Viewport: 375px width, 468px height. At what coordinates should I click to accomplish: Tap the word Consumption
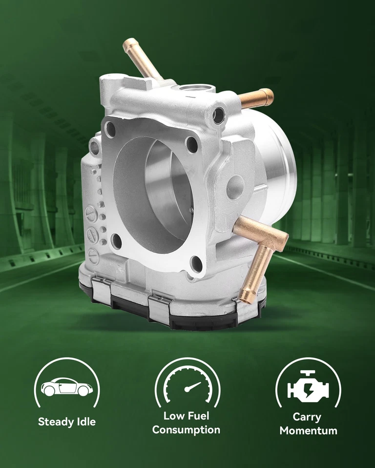pyautogui.click(x=186, y=430)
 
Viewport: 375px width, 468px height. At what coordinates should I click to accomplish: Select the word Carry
pyautogui.click(x=307, y=417)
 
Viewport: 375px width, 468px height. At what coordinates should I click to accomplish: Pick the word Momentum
pyautogui.click(x=308, y=431)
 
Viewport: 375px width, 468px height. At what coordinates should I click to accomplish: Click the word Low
pyautogui.click(x=173, y=416)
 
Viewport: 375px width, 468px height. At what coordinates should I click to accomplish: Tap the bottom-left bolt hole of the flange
pyautogui.click(x=116, y=239)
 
